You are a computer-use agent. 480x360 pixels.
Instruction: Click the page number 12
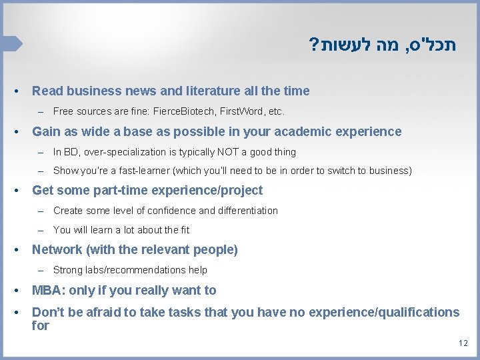pos(463,343)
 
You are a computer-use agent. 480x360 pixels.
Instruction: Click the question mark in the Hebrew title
pos(313,46)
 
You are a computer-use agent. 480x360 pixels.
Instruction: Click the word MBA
pos(46,290)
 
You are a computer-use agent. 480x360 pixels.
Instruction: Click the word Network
pos(57,250)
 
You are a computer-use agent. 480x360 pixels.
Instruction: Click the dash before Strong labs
pos(41,270)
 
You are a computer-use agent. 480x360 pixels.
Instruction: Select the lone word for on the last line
pos(41,326)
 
